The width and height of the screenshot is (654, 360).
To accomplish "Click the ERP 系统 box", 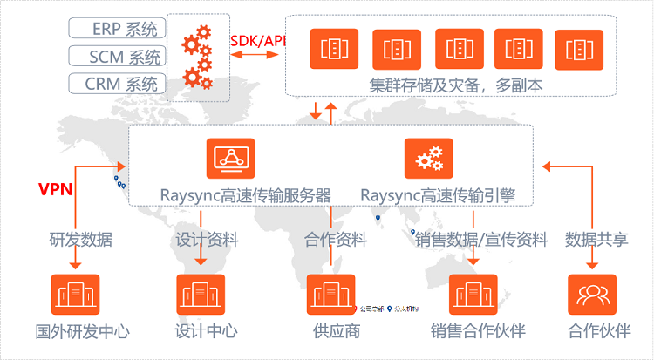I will point(117,30).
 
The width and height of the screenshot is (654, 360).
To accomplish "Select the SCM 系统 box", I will point(117,58).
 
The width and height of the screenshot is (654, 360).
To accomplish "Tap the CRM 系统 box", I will point(117,85).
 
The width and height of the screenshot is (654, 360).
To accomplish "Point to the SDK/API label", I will point(258,41).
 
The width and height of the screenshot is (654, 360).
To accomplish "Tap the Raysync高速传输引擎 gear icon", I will point(428,158).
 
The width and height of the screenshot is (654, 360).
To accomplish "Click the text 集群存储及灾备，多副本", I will point(443,85).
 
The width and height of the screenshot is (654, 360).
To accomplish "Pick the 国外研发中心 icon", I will point(75,295).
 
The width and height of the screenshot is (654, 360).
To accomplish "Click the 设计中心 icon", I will point(201,295).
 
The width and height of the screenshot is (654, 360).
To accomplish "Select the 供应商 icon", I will point(331,295).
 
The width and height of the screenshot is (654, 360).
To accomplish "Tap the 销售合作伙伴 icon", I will point(473,295).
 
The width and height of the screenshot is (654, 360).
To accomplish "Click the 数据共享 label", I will point(596,238).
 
